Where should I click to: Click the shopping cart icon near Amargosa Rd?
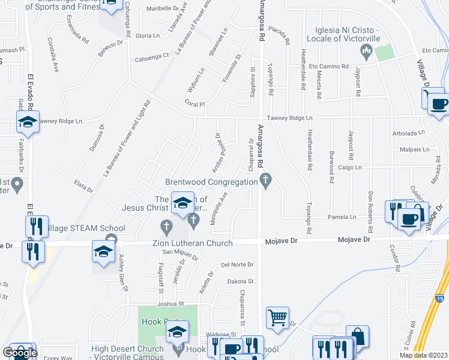coord(277,319)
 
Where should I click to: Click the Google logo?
coord(20,353)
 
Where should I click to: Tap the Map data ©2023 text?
coord(423,355)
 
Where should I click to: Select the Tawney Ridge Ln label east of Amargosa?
coord(291,118)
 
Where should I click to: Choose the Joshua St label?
coord(170,304)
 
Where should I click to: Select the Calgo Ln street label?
coord(350,167)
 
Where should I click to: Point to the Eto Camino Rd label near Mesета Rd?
coord(329,65)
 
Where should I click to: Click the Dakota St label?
coord(241,281)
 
